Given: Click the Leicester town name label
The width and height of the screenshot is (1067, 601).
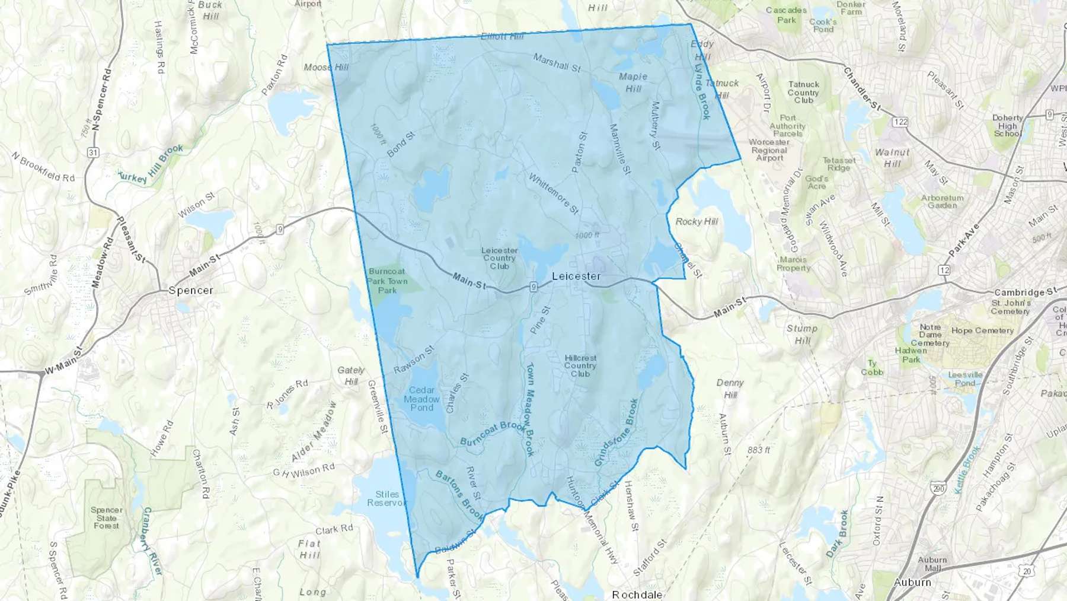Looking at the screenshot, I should click(x=576, y=276).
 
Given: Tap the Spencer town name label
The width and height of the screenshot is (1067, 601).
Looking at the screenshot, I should click(x=190, y=290).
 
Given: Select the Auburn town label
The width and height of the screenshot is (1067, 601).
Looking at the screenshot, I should click(x=912, y=582).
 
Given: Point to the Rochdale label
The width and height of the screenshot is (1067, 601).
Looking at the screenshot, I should click(x=637, y=594).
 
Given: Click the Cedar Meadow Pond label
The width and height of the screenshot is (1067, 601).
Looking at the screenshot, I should click(x=421, y=399).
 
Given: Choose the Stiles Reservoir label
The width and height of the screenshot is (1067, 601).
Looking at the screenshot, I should click(x=386, y=498).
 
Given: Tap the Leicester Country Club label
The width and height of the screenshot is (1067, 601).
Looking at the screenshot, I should click(x=499, y=258).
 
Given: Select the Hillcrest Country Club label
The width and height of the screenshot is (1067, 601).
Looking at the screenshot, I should click(x=580, y=365).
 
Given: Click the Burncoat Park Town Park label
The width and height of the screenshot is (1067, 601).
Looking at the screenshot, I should click(x=388, y=281).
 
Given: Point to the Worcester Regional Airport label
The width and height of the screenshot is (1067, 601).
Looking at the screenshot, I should click(x=769, y=150).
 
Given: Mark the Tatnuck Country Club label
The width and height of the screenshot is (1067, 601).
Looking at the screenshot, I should click(x=803, y=93).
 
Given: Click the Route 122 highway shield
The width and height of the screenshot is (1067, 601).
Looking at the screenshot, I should click(x=900, y=122).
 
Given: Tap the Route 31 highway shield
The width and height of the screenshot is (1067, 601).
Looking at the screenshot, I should click(x=92, y=152).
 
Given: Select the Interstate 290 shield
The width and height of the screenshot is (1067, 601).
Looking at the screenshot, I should click(x=938, y=489).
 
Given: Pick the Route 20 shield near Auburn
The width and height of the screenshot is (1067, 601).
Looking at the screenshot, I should click(x=1027, y=571).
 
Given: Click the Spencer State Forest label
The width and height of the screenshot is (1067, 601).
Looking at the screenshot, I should click(x=107, y=517).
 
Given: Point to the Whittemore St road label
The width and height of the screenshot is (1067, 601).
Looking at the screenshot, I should click(x=553, y=194).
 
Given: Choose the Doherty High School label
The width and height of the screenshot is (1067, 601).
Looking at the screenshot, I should click(x=1007, y=126).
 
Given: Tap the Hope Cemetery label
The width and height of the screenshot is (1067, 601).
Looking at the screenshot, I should click(x=982, y=330).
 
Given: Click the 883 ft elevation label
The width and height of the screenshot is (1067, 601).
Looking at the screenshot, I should click(x=759, y=450).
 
